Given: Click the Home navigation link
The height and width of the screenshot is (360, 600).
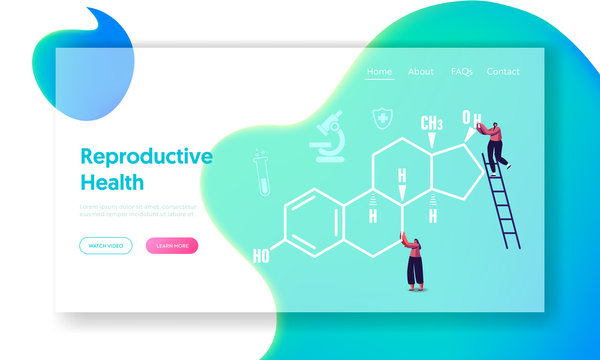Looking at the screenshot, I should coord(379,72).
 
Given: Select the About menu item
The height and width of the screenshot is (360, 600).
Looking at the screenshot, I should coord(421,72).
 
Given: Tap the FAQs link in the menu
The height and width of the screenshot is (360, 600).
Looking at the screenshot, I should coord(461,72).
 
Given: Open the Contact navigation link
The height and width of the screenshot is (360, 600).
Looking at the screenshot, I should coord(503,72).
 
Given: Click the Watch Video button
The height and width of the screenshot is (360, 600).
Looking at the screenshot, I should coord(105,245).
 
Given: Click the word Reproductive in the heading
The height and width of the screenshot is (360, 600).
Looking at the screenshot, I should coord(146,157).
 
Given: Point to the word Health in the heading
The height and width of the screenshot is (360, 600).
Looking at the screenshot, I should coord(112,183).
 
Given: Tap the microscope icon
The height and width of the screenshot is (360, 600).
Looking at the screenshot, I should coord(326,139).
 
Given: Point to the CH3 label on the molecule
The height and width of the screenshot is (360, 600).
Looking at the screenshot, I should coord(431,123).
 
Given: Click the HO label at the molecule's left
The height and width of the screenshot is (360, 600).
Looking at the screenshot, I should coord(260,256).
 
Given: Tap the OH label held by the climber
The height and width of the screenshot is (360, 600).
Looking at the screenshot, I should coord(471,121).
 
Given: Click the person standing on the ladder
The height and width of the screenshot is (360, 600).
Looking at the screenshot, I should coord(496,142).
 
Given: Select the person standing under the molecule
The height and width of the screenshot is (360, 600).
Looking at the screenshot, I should coord(413,262).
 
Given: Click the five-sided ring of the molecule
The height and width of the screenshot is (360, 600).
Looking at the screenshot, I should coord(459,164).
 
